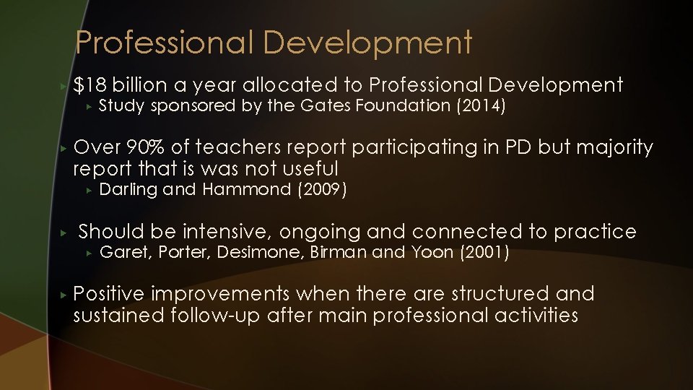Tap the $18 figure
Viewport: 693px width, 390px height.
90,85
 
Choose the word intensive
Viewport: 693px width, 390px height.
227,232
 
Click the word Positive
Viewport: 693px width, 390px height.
109,294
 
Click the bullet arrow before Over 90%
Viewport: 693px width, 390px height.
64,148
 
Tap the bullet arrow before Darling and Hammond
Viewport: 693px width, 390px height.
87,190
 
